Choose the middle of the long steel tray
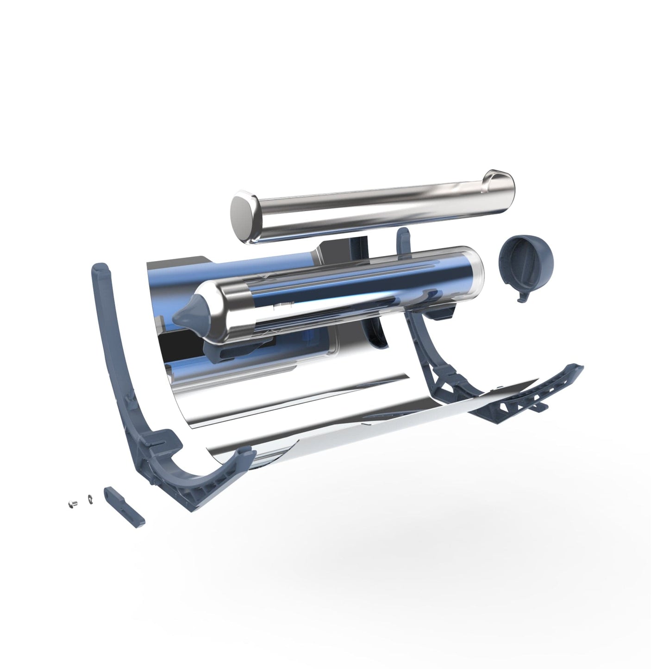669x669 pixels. (x=370, y=201)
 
